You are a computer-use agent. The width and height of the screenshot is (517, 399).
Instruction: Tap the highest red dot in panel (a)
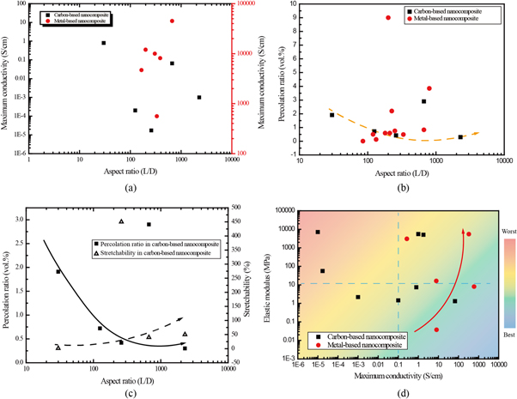coord(172,21)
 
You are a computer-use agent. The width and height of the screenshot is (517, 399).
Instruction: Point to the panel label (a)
coord(131,187)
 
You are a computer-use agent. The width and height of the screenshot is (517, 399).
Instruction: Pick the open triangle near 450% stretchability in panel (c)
coord(121,221)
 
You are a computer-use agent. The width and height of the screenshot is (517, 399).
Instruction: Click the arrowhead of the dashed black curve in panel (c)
coord(184,317)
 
